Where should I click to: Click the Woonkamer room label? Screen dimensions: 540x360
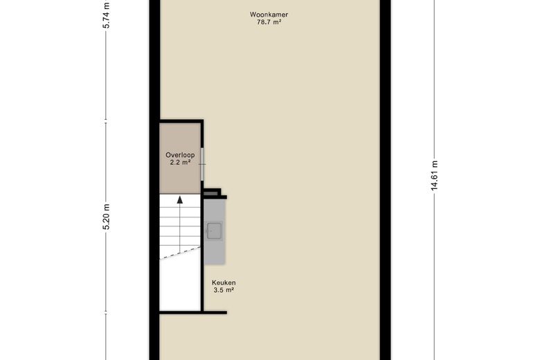pyautogui.click(x=269, y=15)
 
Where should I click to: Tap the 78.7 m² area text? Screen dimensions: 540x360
pyautogui.click(x=269, y=22)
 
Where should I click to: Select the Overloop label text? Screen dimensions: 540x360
pyautogui.click(x=180, y=155)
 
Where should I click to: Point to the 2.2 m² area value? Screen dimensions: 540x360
pyautogui.click(x=180, y=162)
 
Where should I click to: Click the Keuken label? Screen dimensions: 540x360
pyautogui.click(x=224, y=283)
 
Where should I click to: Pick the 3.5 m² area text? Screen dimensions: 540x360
pyautogui.click(x=224, y=290)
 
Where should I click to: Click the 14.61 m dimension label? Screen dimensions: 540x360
pyautogui.click(x=434, y=176)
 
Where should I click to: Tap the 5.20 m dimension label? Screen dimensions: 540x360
pyautogui.click(x=107, y=217)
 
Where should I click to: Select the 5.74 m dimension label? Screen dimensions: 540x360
pyautogui.click(x=107, y=15)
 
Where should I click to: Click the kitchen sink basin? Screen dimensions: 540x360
pyautogui.click(x=214, y=231)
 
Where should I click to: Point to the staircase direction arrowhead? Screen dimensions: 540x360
pyautogui.click(x=180, y=200)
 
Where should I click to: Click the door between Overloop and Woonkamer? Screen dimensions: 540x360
pyautogui.click(x=202, y=164)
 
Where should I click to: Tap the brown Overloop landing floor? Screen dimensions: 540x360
pyautogui.click(x=180, y=159)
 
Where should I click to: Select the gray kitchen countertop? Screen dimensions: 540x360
pyautogui.click(x=214, y=231)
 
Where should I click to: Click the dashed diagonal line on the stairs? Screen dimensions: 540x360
pyautogui.click(x=180, y=253)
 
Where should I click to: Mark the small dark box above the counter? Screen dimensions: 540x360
pyautogui.click(x=210, y=194)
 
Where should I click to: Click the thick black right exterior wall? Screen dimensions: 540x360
pyautogui.click(x=386, y=180)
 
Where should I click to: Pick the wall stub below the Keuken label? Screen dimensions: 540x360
pyautogui.click(x=214, y=312)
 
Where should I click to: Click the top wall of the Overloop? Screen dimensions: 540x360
pyautogui.click(x=181, y=121)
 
